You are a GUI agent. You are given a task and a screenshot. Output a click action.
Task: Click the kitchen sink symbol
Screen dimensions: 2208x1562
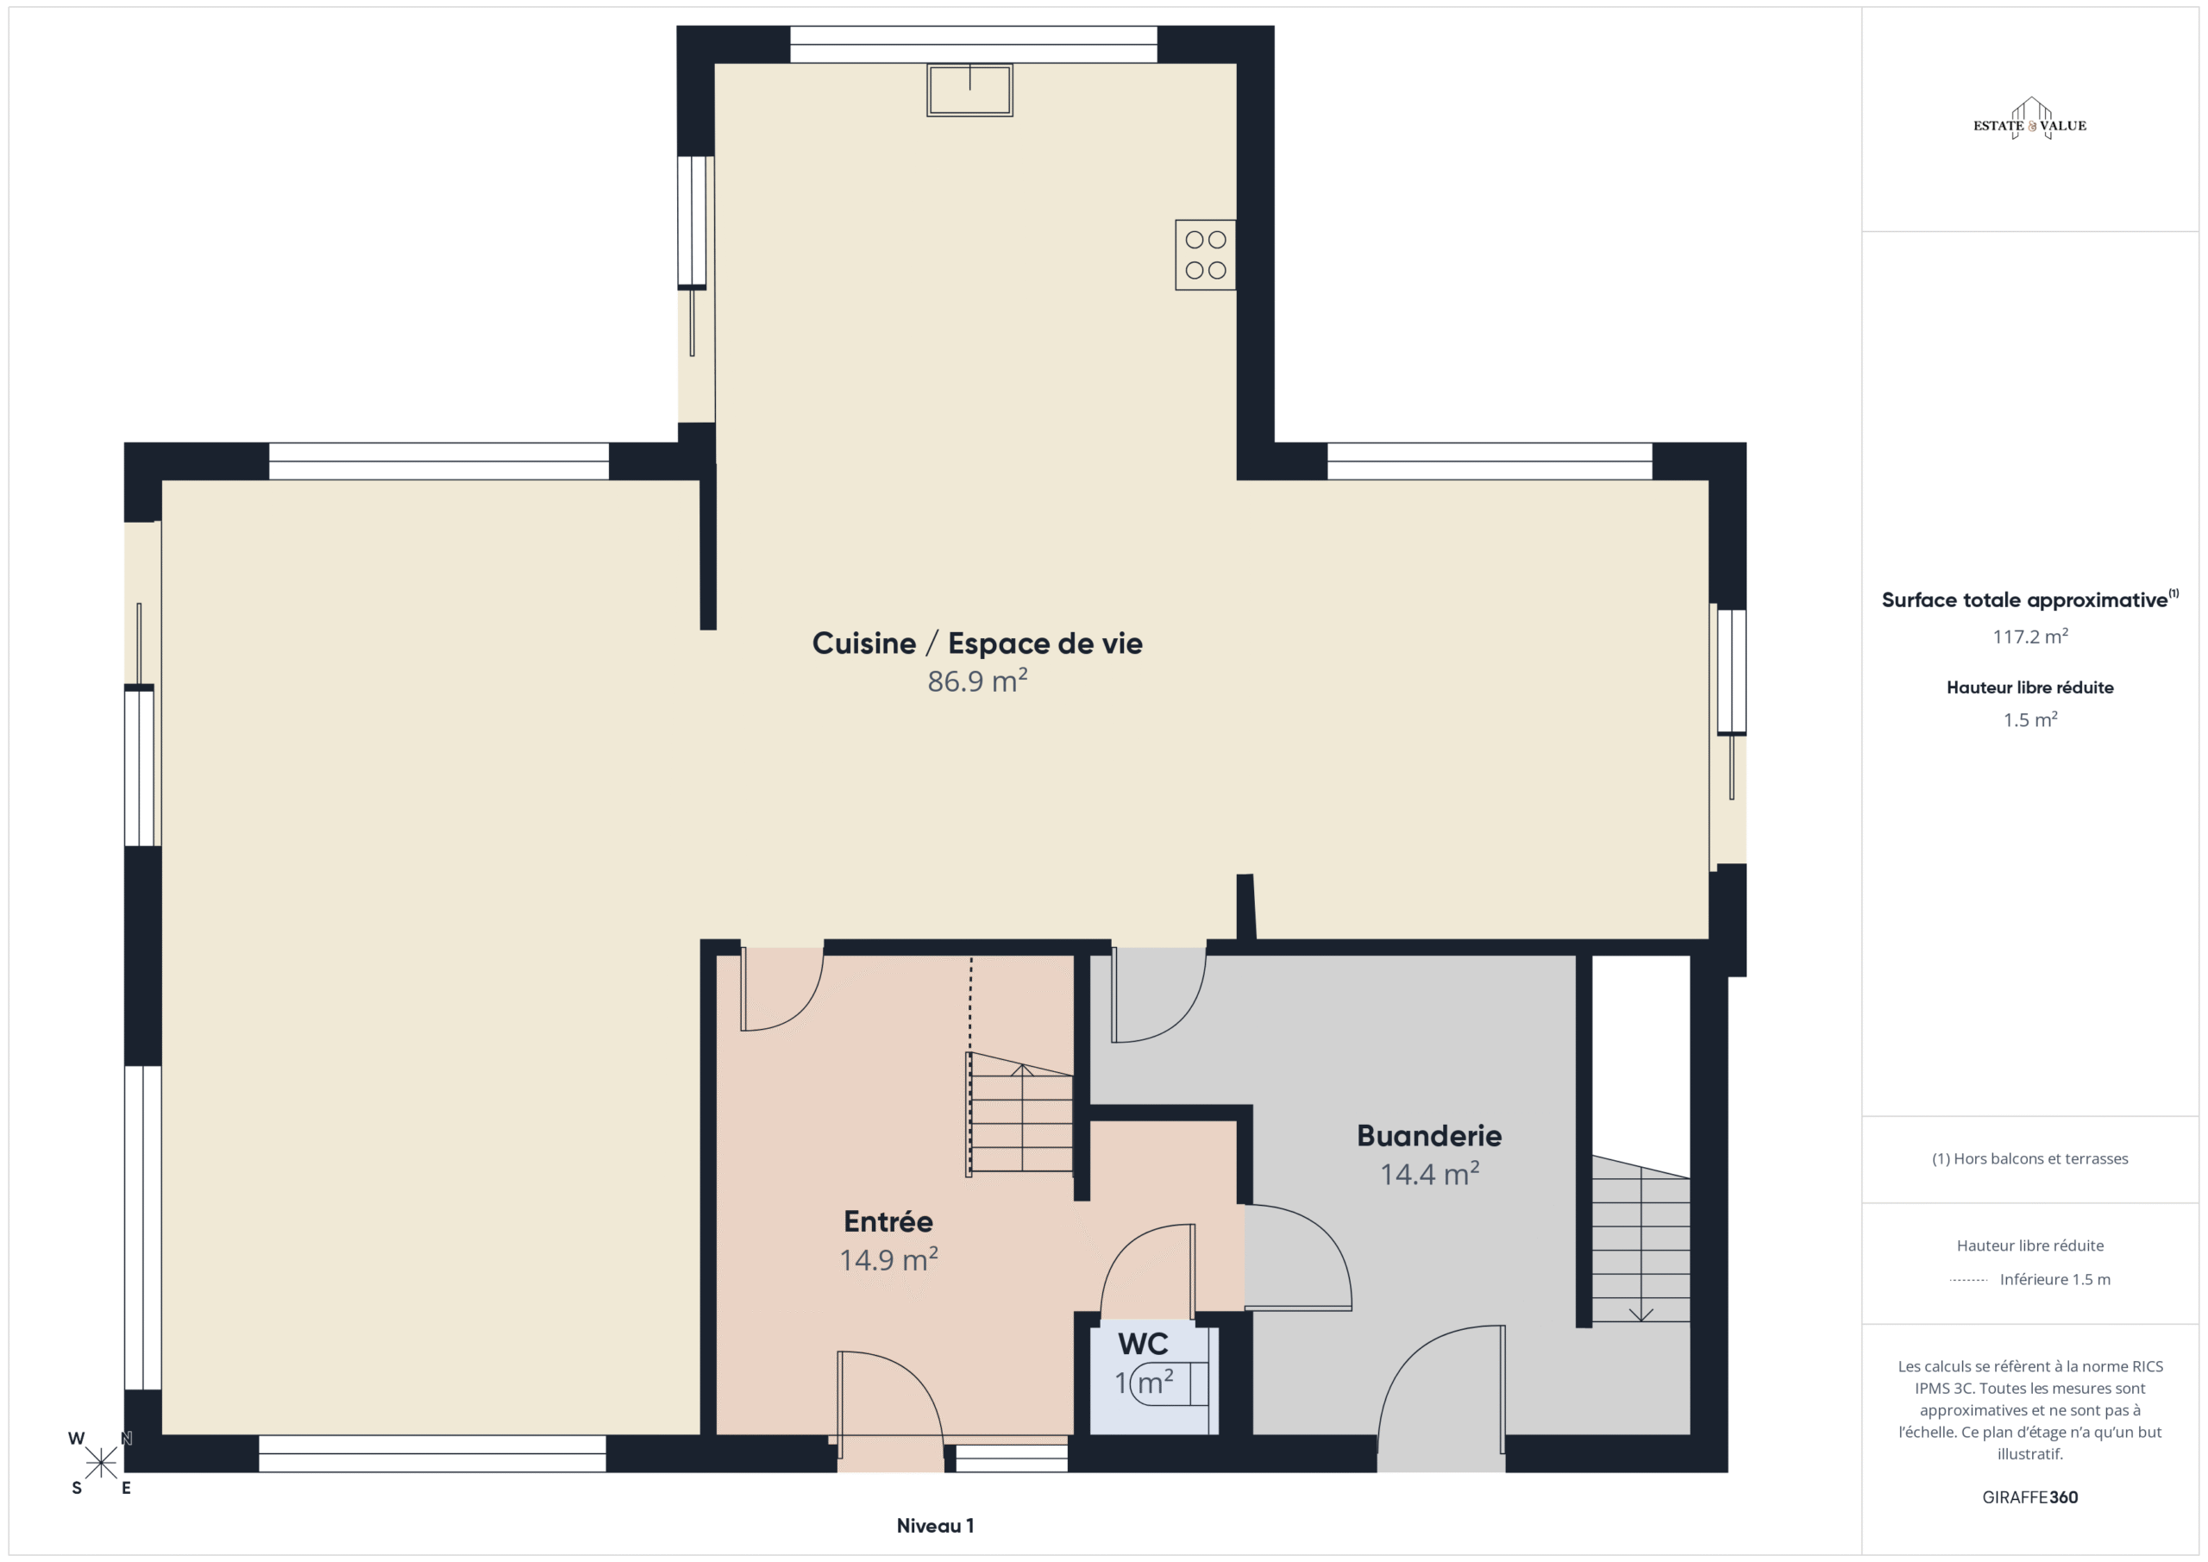coord(969,91)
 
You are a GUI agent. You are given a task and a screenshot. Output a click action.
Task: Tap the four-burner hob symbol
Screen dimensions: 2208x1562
coord(1205,255)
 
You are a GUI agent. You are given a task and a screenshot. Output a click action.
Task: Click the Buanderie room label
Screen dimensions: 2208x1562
coord(1429,1136)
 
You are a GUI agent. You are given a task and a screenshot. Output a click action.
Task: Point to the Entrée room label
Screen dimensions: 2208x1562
coord(888,1221)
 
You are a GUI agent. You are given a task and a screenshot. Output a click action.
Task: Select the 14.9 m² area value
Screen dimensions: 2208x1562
coord(888,1260)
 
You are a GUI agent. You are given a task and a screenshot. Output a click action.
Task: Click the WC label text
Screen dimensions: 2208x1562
coord(1143,1344)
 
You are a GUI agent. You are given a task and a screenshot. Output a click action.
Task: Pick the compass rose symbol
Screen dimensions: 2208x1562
coord(100,1463)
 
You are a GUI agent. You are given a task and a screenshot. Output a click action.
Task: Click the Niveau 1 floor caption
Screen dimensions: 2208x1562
coord(935,1526)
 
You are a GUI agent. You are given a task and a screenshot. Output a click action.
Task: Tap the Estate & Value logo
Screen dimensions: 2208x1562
coord(2029,119)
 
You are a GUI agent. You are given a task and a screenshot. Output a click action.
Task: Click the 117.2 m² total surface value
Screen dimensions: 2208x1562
coord(2030,636)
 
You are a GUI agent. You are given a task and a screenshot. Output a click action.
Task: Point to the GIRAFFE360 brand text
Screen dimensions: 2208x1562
coord(2030,1497)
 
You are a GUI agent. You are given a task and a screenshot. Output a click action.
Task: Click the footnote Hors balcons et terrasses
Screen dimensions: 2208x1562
coord(2030,1159)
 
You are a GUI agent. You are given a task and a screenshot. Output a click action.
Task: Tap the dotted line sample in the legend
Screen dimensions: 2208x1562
coord(1968,1280)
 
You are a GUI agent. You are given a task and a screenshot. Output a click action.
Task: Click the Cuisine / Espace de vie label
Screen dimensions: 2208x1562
coord(977,643)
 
